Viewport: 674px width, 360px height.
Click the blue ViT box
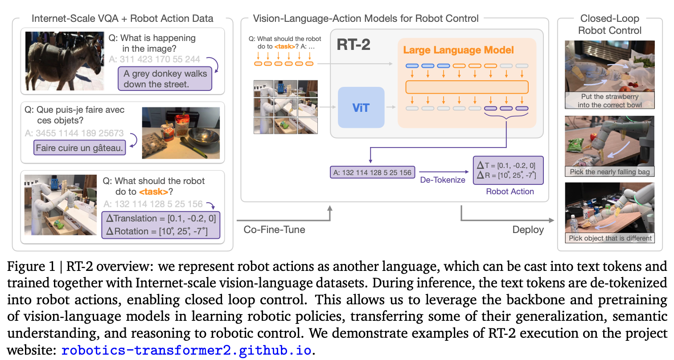pos(361,107)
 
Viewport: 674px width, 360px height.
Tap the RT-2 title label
pos(353,45)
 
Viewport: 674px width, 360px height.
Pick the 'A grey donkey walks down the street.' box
pos(165,78)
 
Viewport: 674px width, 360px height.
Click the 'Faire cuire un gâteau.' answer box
pos(80,148)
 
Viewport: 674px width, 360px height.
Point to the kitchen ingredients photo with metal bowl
pos(181,133)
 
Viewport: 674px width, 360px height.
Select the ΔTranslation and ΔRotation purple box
pos(161,225)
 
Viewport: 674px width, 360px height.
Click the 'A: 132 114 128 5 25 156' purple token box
pos(372,172)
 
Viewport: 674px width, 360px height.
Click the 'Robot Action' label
pos(510,192)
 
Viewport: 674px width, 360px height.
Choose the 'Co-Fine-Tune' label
pos(275,230)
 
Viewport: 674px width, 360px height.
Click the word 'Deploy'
pos(528,230)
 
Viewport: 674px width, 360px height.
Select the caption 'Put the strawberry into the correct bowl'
pos(609,101)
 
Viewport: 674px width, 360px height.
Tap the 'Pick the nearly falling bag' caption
pos(609,172)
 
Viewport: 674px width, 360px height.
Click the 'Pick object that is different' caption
pos(610,238)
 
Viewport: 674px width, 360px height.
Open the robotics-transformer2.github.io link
pos(186,350)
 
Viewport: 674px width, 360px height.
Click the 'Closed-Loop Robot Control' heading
pos(609,25)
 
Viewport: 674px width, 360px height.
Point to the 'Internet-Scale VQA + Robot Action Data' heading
pos(123,19)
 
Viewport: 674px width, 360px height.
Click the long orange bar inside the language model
pos(467,86)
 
